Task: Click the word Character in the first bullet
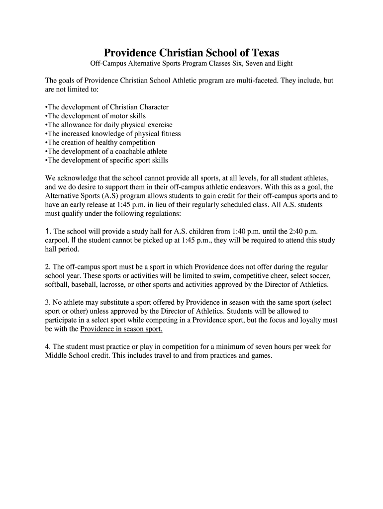tap(151, 107)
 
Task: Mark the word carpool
tap(58, 241)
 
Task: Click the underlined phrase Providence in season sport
tap(121, 330)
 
